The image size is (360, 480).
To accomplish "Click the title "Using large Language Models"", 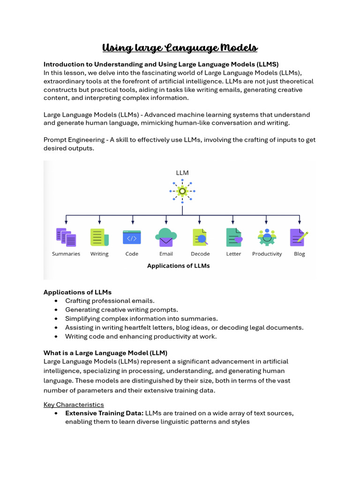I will (180, 48).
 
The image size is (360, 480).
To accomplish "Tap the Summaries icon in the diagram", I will (66, 237).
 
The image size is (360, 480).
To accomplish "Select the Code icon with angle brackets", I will (132, 237).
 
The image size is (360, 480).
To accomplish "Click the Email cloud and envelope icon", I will (166, 237).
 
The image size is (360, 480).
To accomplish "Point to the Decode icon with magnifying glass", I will (200, 238).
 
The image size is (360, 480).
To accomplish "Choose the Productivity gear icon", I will (267, 237).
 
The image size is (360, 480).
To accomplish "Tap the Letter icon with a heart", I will (233, 237).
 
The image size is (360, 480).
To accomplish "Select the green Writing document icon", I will (99, 237).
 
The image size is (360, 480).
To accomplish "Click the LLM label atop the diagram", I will (182, 172).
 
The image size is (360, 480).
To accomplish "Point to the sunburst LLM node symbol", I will (182, 191).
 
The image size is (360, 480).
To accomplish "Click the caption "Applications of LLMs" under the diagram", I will (178, 266).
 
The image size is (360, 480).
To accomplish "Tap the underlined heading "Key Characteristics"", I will (74, 405).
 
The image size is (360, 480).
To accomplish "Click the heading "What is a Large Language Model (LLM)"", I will (105, 352).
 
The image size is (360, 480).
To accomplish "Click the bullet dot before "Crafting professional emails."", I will (57, 301).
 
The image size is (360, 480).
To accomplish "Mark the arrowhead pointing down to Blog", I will (300, 221).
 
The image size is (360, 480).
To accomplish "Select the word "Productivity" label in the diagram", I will (267, 254).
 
